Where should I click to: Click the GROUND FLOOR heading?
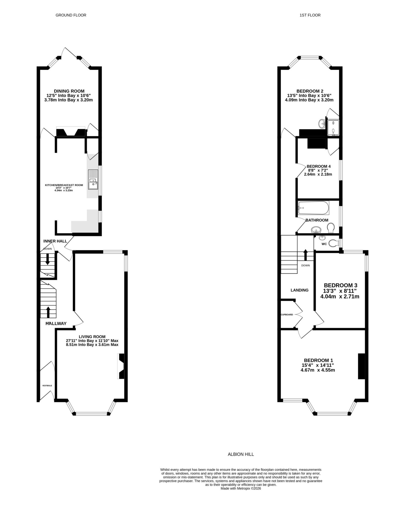(x=71, y=15)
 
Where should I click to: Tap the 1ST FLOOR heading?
(x=310, y=15)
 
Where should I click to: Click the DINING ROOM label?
(x=69, y=91)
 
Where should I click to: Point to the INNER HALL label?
(x=55, y=241)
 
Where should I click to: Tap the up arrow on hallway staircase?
(x=48, y=312)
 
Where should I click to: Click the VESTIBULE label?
(x=47, y=385)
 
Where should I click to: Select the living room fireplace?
(x=121, y=366)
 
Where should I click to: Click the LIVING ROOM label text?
(x=92, y=337)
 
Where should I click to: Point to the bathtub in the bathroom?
(x=313, y=208)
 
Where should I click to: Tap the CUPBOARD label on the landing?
(x=287, y=315)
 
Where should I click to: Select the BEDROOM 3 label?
(x=340, y=285)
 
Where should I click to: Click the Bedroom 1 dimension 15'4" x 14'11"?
(x=318, y=365)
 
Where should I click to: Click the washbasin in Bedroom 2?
(x=322, y=123)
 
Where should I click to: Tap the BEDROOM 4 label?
(x=318, y=166)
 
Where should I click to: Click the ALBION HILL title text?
(x=241, y=454)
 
